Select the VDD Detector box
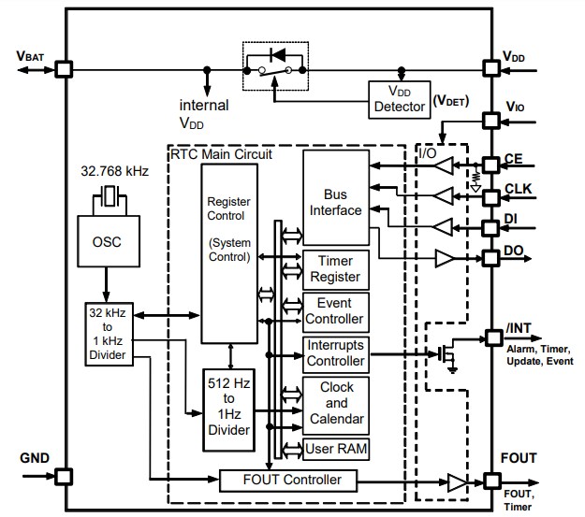tap(400, 99)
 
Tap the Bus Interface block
tap(336, 202)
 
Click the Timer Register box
tap(336, 271)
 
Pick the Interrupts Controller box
tap(336, 353)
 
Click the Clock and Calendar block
tap(336, 403)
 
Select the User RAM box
tap(336, 450)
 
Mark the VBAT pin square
tap(64, 69)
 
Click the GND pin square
tap(64, 476)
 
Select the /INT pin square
tap(490, 337)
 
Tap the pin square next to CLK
tap(490, 197)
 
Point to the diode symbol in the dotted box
tap(276, 53)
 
